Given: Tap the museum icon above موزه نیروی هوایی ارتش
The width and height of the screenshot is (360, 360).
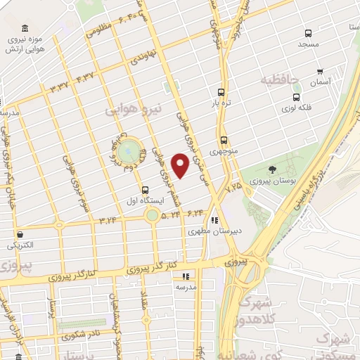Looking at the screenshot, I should click(x=25, y=28).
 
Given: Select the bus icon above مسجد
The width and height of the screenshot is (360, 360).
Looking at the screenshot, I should click(x=308, y=33).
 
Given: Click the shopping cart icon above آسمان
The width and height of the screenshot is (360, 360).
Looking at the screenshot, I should click(x=320, y=72).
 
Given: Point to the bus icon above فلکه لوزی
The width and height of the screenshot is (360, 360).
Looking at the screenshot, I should click(x=296, y=97).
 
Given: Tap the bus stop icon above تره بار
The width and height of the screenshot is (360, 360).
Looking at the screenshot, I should click(x=221, y=92).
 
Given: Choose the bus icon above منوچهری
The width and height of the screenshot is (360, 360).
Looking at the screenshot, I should click(x=224, y=140).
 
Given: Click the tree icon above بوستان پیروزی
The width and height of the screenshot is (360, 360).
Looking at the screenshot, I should click(x=272, y=169).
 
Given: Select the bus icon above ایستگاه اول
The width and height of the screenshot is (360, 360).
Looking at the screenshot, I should click(x=145, y=189).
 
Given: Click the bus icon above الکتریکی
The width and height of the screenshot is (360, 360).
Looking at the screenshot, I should click(x=19, y=235).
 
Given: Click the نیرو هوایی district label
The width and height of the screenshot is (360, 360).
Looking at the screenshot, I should click(x=133, y=110).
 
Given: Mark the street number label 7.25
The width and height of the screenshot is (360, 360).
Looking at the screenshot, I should click(x=233, y=187).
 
